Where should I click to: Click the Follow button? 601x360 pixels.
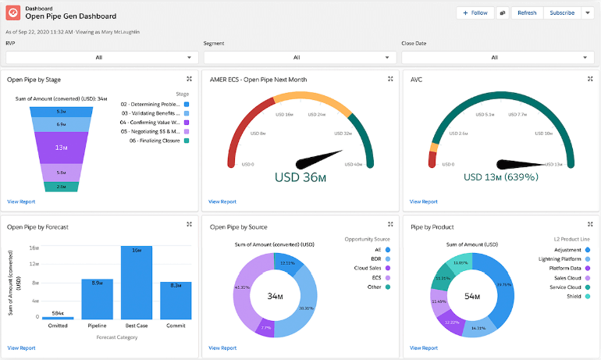(475, 12)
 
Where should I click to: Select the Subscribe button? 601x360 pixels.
(562, 12)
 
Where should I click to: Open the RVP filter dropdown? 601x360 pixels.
(99, 57)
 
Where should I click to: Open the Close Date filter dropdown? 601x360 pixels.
(495, 57)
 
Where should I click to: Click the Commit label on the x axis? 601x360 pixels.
(176, 326)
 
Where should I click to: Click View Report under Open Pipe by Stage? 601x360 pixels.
(21, 201)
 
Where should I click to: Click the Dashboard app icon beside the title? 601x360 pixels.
(13, 12)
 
